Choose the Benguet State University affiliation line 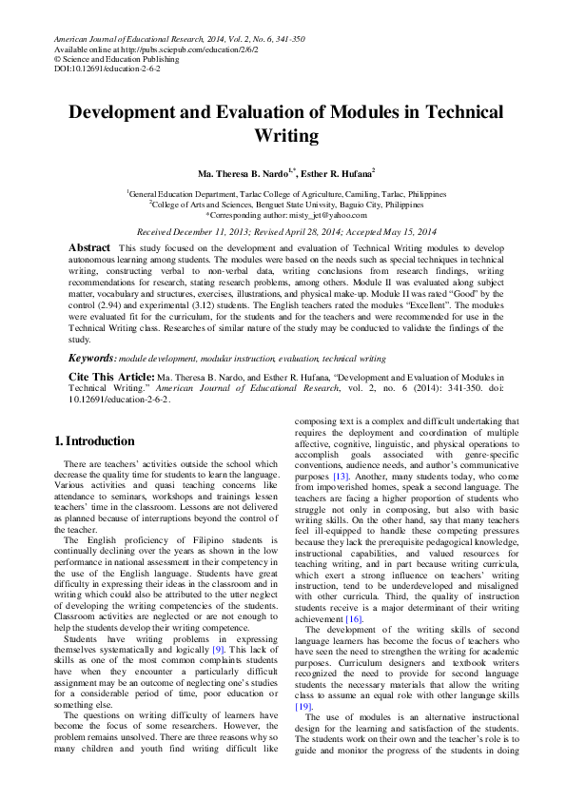coord(282,204)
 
